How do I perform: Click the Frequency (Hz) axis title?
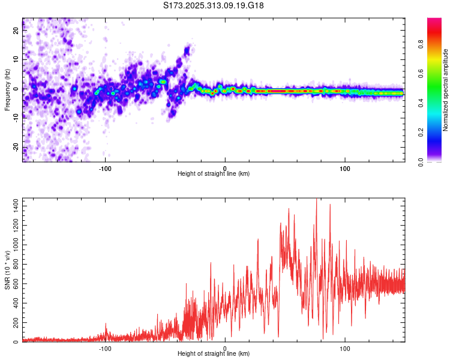tap(7, 90)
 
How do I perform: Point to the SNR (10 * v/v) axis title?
tap(7, 270)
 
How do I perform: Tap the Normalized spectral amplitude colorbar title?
tap(446, 90)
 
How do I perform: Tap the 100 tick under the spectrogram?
tap(344, 167)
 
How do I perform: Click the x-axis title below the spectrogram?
tap(214, 174)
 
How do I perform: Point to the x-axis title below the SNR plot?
tap(214, 354)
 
